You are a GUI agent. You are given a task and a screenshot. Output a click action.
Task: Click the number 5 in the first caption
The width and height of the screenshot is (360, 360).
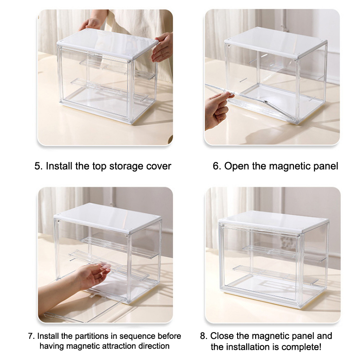[37, 166]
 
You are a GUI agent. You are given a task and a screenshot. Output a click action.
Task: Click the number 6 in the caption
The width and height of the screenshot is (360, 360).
[216, 166]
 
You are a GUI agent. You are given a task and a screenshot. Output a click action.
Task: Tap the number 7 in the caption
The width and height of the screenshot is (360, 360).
[31, 336]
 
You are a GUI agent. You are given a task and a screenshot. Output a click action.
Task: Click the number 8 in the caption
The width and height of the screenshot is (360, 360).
[203, 336]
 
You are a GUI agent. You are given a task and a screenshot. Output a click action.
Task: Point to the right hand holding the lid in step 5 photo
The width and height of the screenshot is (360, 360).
[162, 48]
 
